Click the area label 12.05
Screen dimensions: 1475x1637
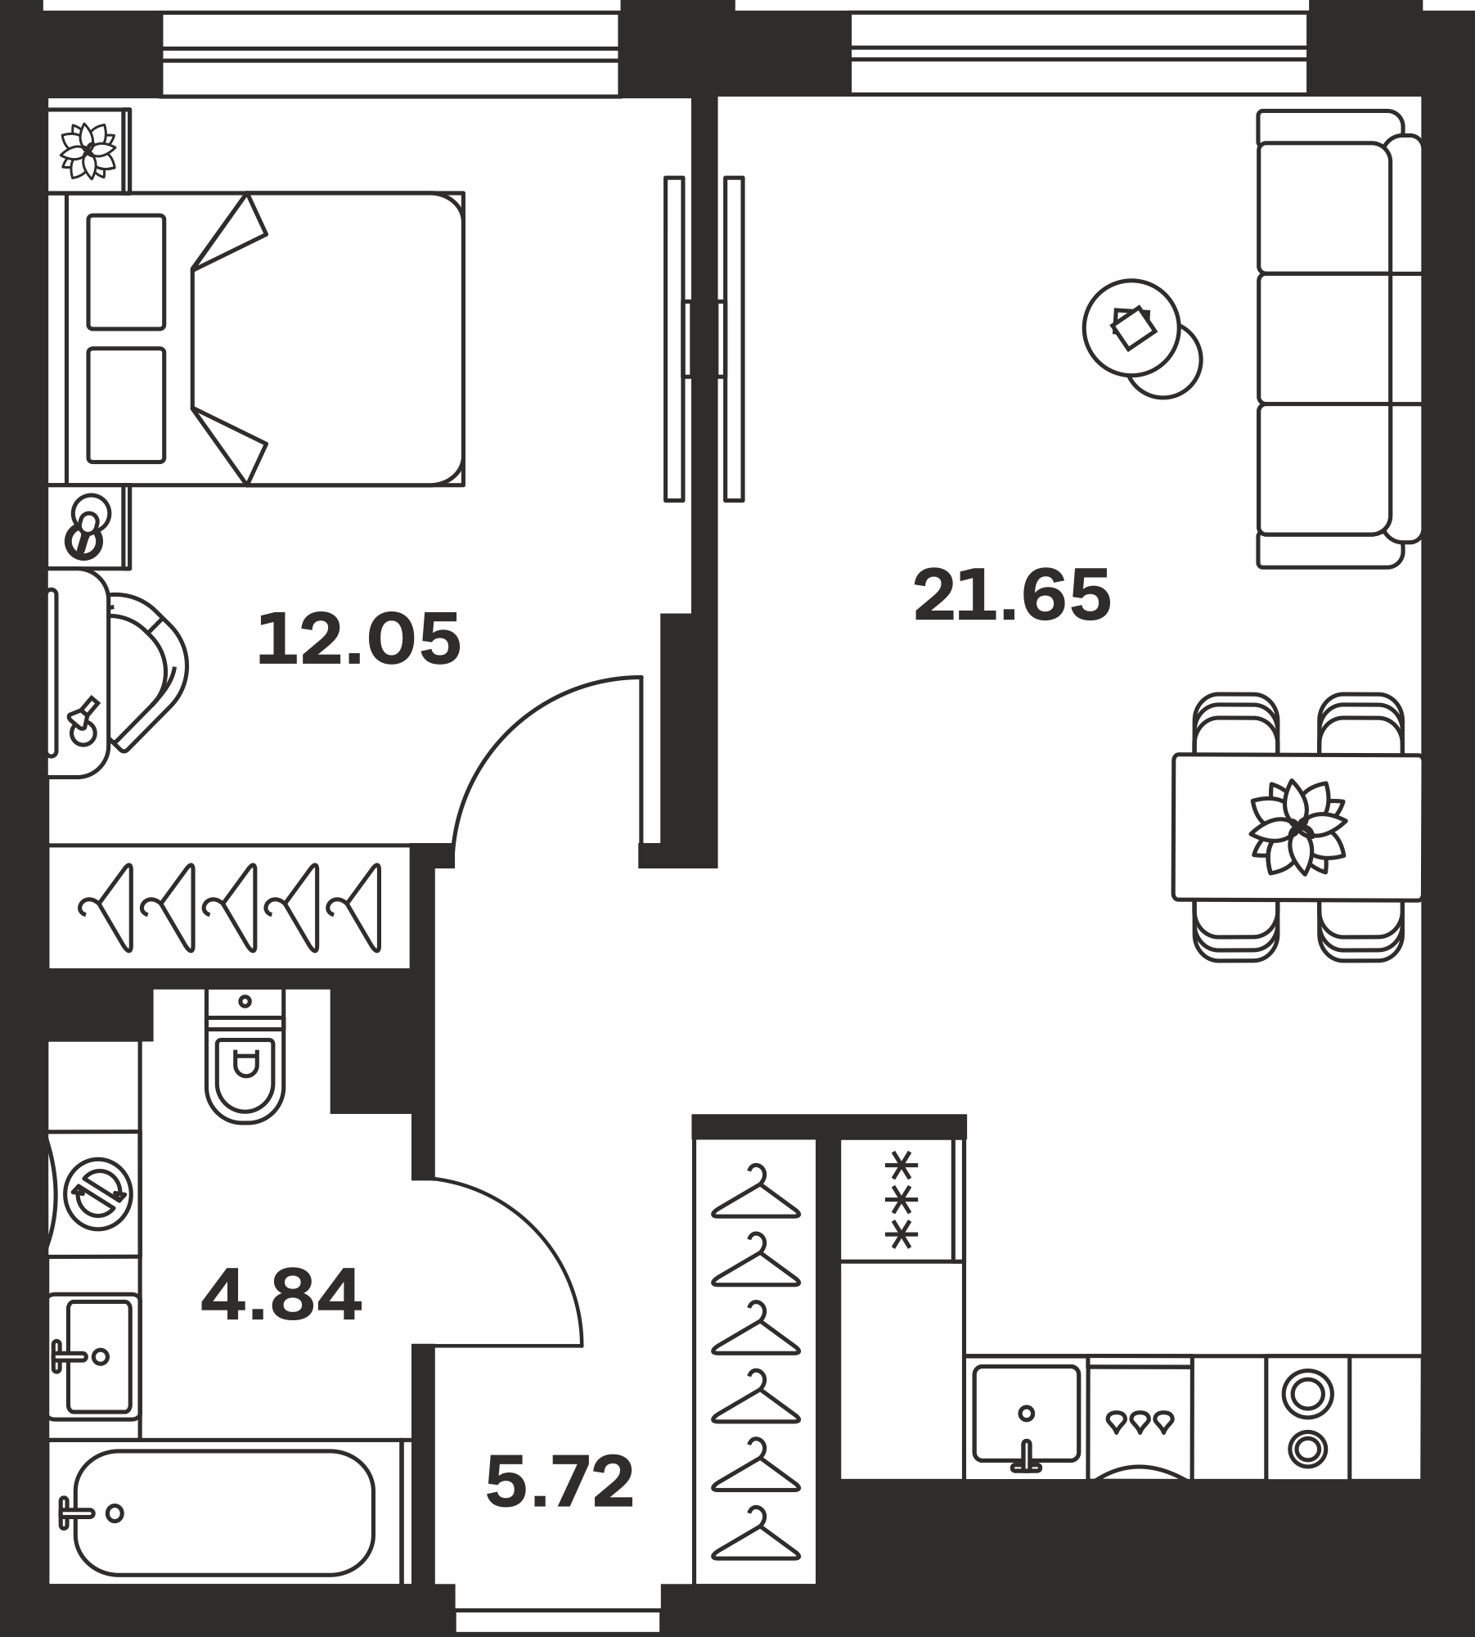[358, 639]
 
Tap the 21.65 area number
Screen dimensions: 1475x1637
[1012, 595]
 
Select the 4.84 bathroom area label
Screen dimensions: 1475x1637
[281, 1297]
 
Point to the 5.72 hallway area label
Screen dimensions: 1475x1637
[560, 1481]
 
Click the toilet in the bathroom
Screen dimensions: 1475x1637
[245, 1055]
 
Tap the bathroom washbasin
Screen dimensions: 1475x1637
[94, 1356]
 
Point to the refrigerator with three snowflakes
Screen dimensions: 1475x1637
[901, 1201]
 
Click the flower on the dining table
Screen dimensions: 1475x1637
[1298, 827]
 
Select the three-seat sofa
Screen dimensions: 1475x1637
[1339, 339]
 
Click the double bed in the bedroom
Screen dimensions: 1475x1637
[264, 339]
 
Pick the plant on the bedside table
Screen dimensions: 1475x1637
[88, 151]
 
